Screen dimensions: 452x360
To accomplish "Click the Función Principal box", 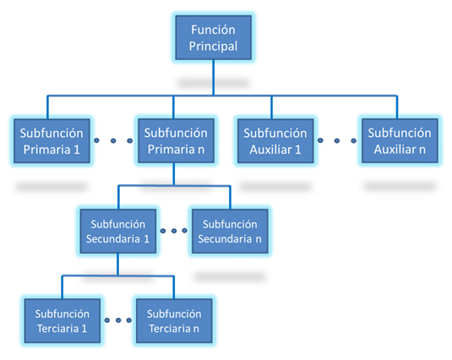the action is (213, 38).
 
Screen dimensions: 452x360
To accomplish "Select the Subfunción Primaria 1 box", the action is (52, 141).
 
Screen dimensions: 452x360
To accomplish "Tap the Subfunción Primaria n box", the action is (176, 141).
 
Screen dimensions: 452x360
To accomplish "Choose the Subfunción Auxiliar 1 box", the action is (275, 141).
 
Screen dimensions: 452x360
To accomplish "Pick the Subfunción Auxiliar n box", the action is (400, 141).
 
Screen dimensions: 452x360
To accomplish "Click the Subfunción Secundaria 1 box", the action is (118, 232).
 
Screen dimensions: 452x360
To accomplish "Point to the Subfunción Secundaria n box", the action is (230, 232).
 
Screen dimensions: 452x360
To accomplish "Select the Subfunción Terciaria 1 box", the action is (63, 321).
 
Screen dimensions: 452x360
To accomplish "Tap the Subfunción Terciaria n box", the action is (174, 321).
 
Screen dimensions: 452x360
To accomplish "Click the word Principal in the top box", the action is (213, 46).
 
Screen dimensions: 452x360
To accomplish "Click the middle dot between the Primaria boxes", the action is (113, 140).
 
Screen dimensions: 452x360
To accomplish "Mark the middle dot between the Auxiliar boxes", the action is (337, 140).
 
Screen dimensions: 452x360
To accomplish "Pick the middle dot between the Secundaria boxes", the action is (174, 231).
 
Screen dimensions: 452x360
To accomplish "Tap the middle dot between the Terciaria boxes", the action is (118, 320).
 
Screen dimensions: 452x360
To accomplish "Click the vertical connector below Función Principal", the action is (213, 78).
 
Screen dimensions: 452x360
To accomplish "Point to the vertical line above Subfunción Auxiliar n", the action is (397, 107).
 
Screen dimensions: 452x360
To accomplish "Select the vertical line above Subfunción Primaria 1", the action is (47, 107).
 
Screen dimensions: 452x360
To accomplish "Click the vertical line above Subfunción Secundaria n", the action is (230, 198).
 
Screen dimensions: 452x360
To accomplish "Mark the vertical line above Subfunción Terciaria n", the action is (173, 287).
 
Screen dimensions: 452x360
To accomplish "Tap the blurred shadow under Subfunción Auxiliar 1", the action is (275, 187).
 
